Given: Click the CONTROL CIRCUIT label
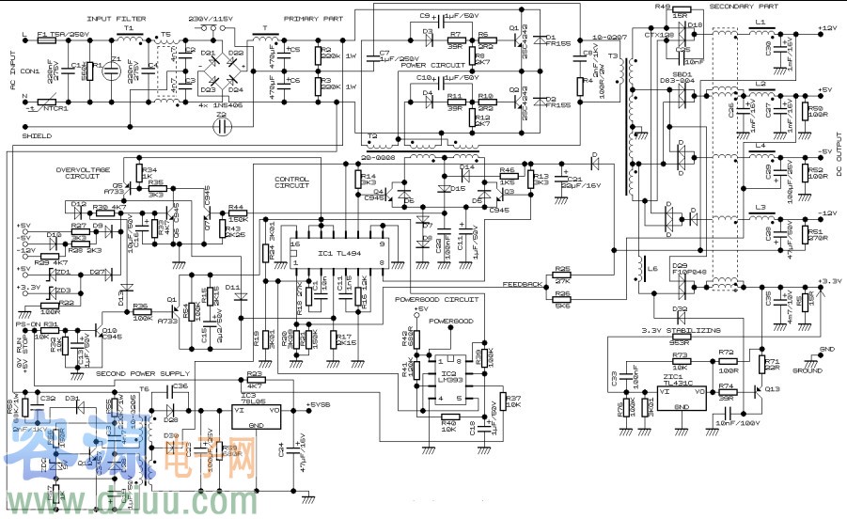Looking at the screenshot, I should click(292, 181).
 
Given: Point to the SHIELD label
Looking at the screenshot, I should click(38, 135).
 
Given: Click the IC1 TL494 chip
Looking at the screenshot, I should click(337, 255).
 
